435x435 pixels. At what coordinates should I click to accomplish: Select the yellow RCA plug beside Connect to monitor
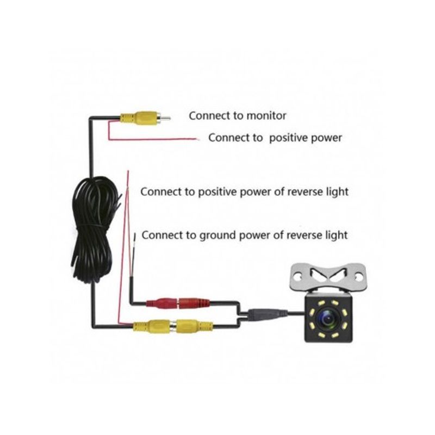pyautogui.click(x=145, y=119)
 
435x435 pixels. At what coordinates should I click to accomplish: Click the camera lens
pyautogui.click(x=328, y=319)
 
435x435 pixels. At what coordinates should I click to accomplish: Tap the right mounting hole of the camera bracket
pyautogui.click(x=358, y=277)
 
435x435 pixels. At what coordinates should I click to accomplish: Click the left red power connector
pyautogui.click(x=161, y=303)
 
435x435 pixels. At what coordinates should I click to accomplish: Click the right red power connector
pyautogui.click(x=194, y=303)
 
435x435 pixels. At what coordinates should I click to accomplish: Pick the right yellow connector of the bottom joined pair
pyautogui.click(x=194, y=326)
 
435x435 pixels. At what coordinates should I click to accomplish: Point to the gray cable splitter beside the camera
pyautogui.click(x=267, y=314)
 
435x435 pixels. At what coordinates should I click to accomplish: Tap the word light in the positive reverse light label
pyautogui.click(x=337, y=192)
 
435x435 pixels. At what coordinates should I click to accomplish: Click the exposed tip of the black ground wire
pyautogui.click(x=135, y=237)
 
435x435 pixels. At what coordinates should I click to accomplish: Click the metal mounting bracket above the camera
pyautogui.click(x=328, y=277)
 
